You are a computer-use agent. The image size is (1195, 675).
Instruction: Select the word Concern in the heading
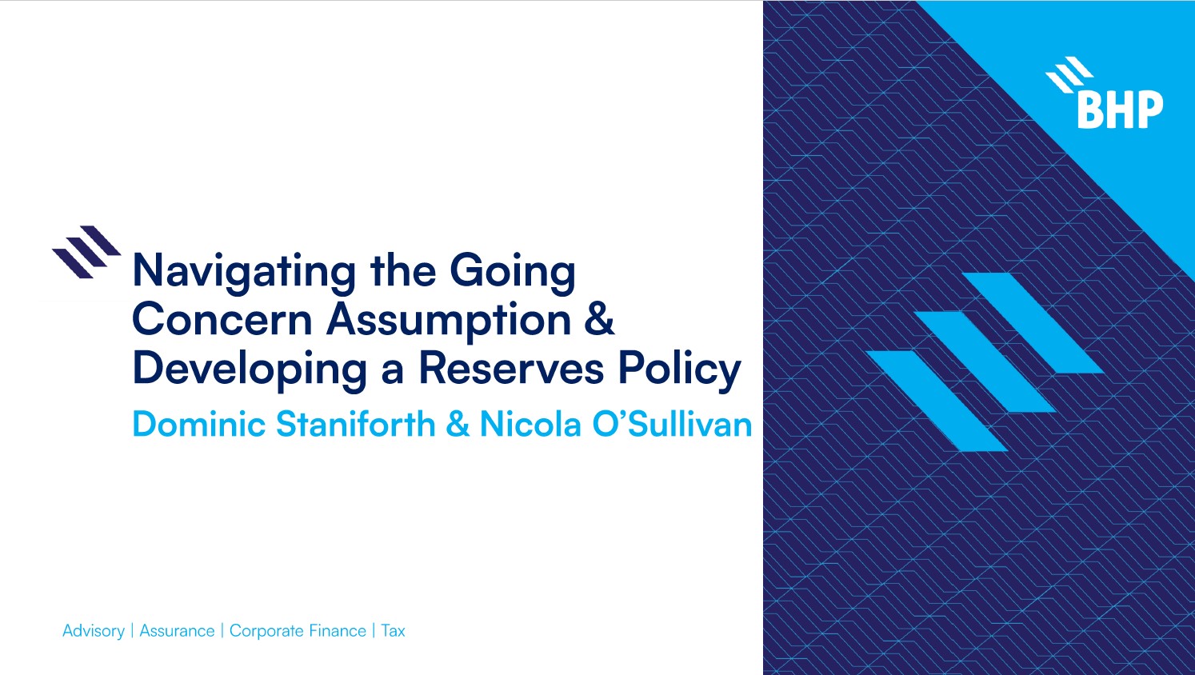(x=222, y=319)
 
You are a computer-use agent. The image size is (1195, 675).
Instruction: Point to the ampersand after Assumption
(x=599, y=319)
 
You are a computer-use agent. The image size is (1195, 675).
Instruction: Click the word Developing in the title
(x=250, y=369)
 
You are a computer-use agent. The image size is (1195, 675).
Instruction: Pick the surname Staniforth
(x=355, y=424)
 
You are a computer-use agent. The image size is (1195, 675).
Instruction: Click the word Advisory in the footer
(x=93, y=631)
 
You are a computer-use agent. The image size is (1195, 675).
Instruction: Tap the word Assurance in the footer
(x=177, y=631)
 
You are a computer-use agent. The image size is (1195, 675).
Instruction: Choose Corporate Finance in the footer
(x=298, y=631)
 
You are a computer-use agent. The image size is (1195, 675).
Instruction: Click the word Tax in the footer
(x=393, y=631)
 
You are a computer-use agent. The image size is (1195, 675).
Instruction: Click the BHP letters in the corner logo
(x=1120, y=110)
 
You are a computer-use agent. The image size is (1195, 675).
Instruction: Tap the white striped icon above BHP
(x=1069, y=74)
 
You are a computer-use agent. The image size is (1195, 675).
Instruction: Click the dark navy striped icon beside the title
(x=86, y=251)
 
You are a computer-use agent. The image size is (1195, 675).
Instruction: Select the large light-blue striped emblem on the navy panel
(x=984, y=361)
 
